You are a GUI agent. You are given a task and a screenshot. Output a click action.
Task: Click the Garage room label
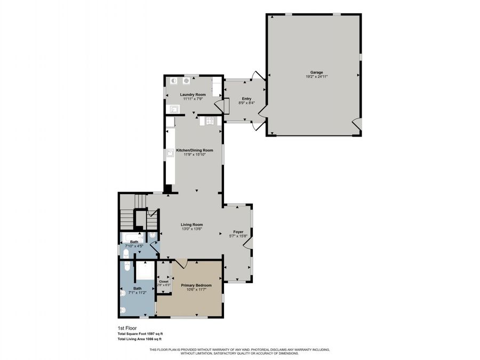317,73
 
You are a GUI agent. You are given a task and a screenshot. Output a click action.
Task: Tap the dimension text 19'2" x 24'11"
317,77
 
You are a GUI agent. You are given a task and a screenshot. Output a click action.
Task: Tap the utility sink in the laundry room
173,109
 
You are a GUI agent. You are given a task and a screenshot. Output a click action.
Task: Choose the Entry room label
246,99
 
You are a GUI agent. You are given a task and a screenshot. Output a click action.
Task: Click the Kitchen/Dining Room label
195,150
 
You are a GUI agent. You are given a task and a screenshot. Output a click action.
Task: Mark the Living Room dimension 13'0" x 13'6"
192,229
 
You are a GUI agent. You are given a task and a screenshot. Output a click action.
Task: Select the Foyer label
238,232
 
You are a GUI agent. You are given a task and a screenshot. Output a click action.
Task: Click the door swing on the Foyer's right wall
247,243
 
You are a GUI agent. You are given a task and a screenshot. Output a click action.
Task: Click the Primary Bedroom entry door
182,264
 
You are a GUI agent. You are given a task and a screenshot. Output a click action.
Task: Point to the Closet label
163,281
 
